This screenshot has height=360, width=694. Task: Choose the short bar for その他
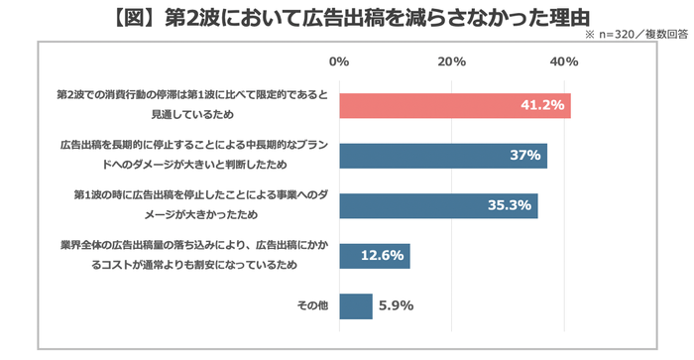[355, 306]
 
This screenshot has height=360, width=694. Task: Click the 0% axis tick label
[339, 61]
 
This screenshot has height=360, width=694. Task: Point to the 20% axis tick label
[452, 61]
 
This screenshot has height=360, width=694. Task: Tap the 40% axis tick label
[565, 61]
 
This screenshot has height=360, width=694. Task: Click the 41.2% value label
[541, 105]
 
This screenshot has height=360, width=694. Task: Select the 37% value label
[524, 156]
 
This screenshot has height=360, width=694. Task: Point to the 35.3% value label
[511, 206]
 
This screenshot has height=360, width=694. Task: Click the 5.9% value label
[396, 306]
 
